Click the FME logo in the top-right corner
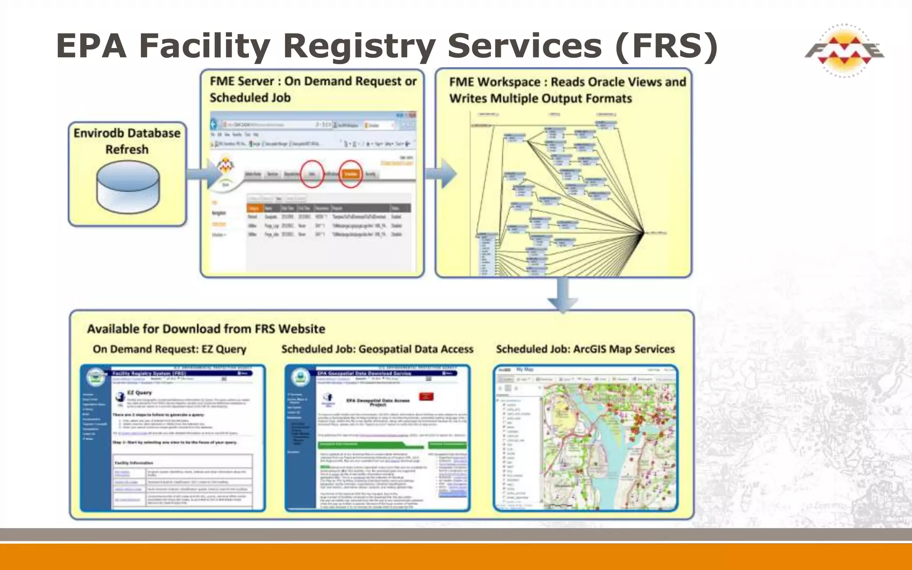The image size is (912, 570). click(844, 50)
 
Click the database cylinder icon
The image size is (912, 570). click(127, 187)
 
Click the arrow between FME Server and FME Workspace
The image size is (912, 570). click(441, 173)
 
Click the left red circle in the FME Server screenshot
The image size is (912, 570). click(312, 174)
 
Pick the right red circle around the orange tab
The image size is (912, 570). click(350, 174)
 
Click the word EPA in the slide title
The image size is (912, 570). click(91, 46)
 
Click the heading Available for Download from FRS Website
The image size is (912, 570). click(206, 329)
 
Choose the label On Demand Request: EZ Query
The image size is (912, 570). click(169, 349)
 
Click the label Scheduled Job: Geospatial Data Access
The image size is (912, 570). click(377, 349)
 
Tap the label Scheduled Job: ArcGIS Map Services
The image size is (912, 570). click(585, 349)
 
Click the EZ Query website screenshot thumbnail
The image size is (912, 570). click(173, 438)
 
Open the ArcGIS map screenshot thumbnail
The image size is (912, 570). click(586, 438)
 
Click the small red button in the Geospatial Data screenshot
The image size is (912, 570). click(426, 396)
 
